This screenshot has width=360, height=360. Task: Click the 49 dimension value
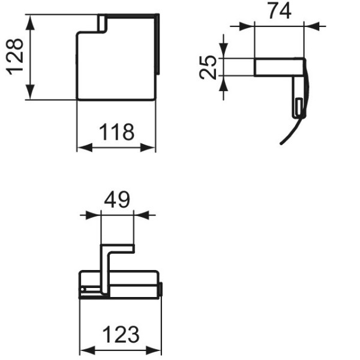[117, 200]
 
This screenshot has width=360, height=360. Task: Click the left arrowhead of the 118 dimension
[82, 148]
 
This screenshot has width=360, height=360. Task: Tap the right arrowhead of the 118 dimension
[151, 148]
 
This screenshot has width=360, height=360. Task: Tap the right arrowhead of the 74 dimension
[310, 26]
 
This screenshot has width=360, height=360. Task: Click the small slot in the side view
[297, 108]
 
